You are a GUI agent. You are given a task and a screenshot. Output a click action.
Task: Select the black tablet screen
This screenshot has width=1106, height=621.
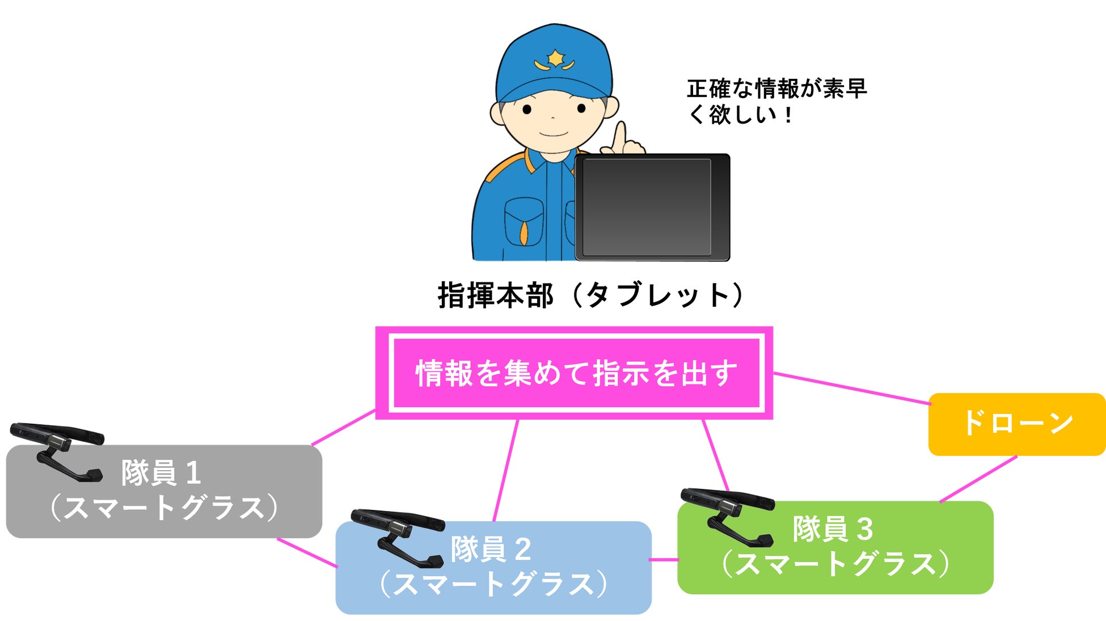pyautogui.click(x=647, y=207)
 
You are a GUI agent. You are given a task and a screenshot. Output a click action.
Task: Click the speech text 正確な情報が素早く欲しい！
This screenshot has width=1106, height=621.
pyautogui.click(x=776, y=102)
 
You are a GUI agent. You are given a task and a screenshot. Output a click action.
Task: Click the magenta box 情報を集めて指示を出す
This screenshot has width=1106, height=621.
pyautogui.click(x=575, y=373)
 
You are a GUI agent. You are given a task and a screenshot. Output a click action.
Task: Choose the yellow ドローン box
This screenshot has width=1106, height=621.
pyautogui.click(x=1016, y=424)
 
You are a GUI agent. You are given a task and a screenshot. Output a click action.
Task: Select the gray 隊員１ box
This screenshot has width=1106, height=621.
pyautogui.click(x=164, y=491)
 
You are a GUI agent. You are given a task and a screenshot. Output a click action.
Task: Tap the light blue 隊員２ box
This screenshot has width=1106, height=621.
pyautogui.click(x=493, y=567)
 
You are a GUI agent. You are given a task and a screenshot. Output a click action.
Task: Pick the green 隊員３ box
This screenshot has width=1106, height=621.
pyautogui.click(x=835, y=547)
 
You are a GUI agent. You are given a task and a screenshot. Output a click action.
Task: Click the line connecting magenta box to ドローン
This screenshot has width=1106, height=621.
pyautogui.click(x=851, y=388)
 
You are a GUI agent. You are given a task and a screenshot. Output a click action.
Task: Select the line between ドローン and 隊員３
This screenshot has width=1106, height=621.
pyautogui.click(x=978, y=479)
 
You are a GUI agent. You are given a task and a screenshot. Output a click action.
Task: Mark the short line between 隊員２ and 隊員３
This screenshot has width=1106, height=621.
pyautogui.click(x=664, y=559)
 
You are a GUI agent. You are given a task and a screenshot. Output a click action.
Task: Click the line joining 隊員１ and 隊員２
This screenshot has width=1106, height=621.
pyautogui.click(x=307, y=552)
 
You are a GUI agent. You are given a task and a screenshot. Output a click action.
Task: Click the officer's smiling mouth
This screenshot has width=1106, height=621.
pyautogui.click(x=553, y=134)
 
